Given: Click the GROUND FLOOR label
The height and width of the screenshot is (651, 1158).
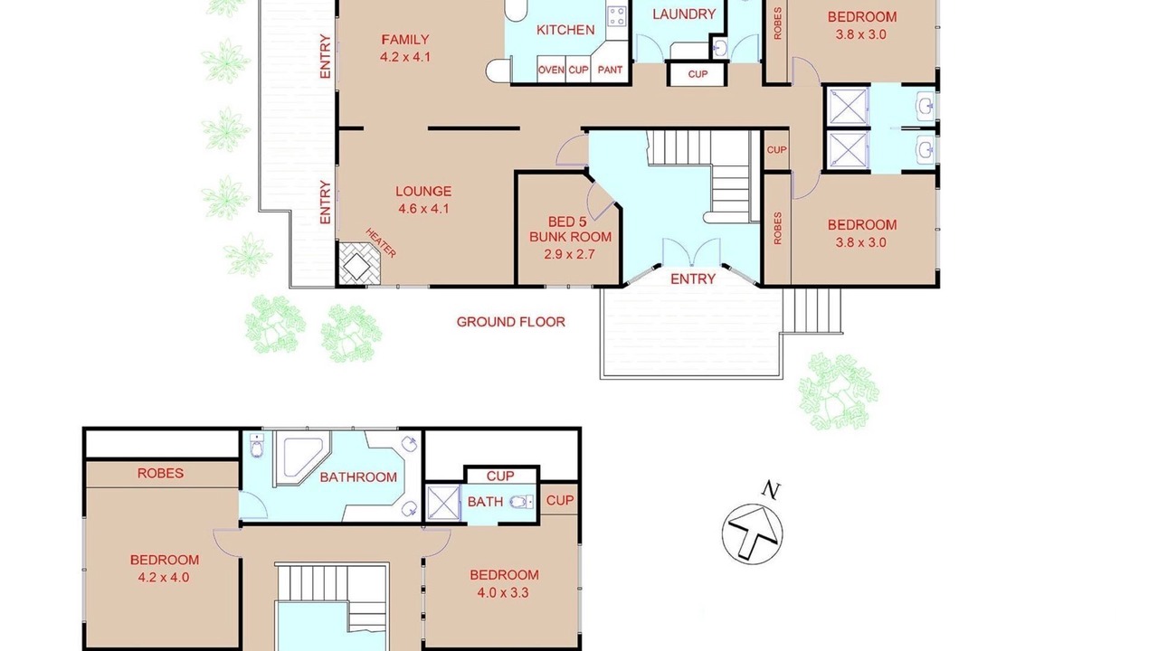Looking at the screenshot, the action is tap(511, 322).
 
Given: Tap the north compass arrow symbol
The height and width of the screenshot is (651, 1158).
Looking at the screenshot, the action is tap(752, 533).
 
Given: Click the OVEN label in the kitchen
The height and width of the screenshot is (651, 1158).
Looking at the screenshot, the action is tap(551, 70).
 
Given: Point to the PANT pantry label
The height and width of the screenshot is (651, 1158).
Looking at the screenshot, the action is tap(610, 70).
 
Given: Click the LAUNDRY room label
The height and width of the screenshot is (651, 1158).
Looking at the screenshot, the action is tap(683, 14).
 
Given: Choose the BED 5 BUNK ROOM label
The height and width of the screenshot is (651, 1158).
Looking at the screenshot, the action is tap(570, 230).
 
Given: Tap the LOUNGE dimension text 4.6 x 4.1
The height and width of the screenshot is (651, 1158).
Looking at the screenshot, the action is tap(423, 209).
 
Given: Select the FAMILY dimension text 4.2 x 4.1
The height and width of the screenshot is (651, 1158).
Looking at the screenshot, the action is tap(404, 57).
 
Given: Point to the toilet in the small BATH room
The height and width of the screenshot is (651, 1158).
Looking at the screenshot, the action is tap(521, 502).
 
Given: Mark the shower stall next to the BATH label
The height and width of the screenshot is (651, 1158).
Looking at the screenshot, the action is tap(443, 502).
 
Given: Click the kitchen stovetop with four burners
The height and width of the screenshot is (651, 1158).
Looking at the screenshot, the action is tap(617, 15).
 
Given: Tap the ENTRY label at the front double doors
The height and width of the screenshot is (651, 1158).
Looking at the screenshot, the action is tap(693, 279).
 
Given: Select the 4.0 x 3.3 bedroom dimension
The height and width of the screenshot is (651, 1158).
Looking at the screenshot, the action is tap(503, 592).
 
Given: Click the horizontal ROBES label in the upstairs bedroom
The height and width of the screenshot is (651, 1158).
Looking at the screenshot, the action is tap(160, 473).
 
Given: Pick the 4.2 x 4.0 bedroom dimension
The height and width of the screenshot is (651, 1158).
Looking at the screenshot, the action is tap(164, 578).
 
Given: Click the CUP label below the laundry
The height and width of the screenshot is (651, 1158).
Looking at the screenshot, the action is tap(698, 74).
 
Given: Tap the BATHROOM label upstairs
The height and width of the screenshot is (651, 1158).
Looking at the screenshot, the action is tap(358, 476).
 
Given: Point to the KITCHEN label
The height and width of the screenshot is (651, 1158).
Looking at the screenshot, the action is tap(565, 30).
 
